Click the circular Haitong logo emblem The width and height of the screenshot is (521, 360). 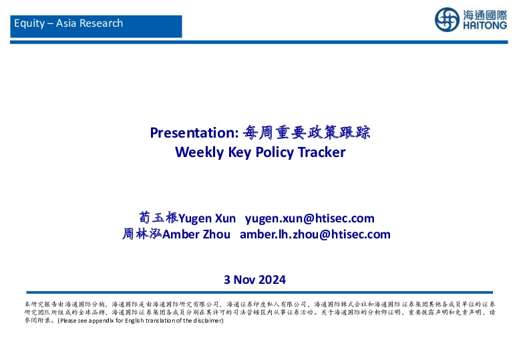[x=447, y=20]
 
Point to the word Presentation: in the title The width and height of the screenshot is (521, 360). [x=194, y=132]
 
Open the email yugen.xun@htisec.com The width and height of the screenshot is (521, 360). [x=310, y=218]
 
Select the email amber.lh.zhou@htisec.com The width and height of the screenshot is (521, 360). [x=315, y=234]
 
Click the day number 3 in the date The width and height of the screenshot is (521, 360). [x=227, y=279]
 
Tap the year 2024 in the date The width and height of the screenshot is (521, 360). [x=272, y=279]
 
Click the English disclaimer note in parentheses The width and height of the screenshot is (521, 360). [x=140, y=321]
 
